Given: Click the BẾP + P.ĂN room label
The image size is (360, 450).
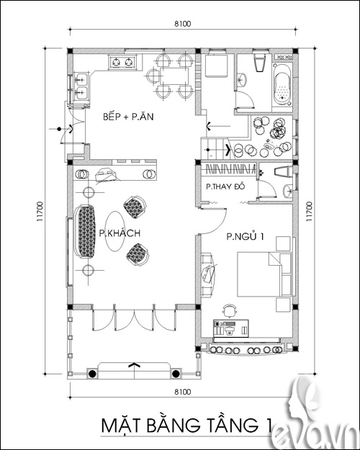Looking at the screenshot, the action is tap(128, 117).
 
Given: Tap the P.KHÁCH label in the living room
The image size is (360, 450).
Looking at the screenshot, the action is tap(120, 233).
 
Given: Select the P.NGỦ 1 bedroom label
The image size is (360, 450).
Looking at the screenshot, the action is tap(246, 237).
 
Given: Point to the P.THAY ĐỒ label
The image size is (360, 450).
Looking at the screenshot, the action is tap(225, 186).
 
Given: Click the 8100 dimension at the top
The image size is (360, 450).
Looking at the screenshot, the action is tap(183, 24).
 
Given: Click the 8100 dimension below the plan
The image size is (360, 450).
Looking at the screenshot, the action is tap(183, 392).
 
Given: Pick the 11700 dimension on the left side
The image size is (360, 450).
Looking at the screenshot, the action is tap(40, 212).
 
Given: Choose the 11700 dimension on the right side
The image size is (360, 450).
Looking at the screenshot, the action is tap(309, 212).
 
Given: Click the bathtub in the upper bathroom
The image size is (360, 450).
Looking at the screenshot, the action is tap(283, 84).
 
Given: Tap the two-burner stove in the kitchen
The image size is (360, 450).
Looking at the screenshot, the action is tap(122, 62).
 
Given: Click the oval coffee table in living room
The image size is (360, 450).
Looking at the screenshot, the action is tap(114, 231).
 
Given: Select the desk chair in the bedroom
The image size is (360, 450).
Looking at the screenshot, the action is tap(230, 310).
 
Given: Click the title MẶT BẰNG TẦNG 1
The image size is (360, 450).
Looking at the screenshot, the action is tap(186, 426).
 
